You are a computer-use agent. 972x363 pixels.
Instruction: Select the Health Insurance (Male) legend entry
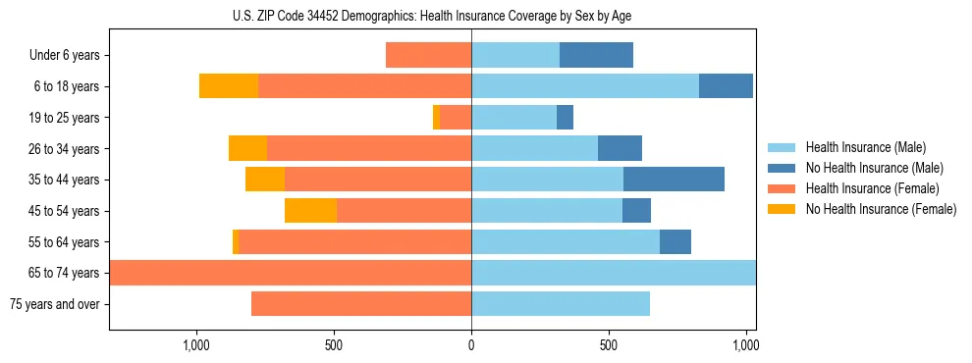click(x=864, y=147)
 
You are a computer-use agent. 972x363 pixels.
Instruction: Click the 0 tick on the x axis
click(x=471, y=345)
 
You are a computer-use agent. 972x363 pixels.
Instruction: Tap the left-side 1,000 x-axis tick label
click(x=196, y=345)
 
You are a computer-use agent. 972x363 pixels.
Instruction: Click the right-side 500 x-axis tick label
click(x=609, y=345)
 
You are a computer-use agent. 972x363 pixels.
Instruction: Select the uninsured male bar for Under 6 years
click(x=596, y=56)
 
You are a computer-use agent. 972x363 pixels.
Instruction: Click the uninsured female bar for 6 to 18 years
click(x=229, y=86)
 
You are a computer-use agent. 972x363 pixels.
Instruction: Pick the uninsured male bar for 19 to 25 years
click(x=565, y=118)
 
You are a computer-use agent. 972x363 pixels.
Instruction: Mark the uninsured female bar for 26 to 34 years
click(x=247, y=148)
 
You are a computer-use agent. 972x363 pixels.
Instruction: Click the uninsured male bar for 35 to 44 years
click(x=674, y=180)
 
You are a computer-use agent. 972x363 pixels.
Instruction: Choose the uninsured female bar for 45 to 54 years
click(x=310, y=211)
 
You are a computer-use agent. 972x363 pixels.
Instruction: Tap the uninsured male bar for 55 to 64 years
click(x=675, y=241)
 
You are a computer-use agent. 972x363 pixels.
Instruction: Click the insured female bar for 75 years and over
click(x=361, y=304)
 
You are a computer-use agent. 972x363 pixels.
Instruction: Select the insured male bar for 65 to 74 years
click(x=614, y=273)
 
